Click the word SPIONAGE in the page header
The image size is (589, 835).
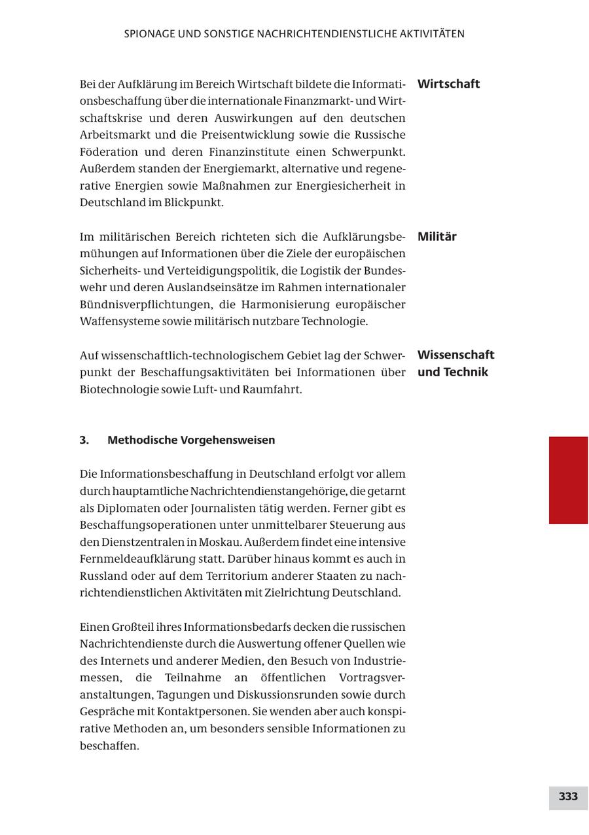point(150,33)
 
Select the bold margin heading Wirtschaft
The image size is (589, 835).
point(448,84)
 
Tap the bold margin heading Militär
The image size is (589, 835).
point(437,236)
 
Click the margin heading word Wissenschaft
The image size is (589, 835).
point(455,355)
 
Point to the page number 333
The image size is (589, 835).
point(568,796)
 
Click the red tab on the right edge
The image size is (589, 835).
point(568,480)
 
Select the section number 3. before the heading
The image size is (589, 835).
point(84,440)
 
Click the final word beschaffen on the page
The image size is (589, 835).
point(109,745)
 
